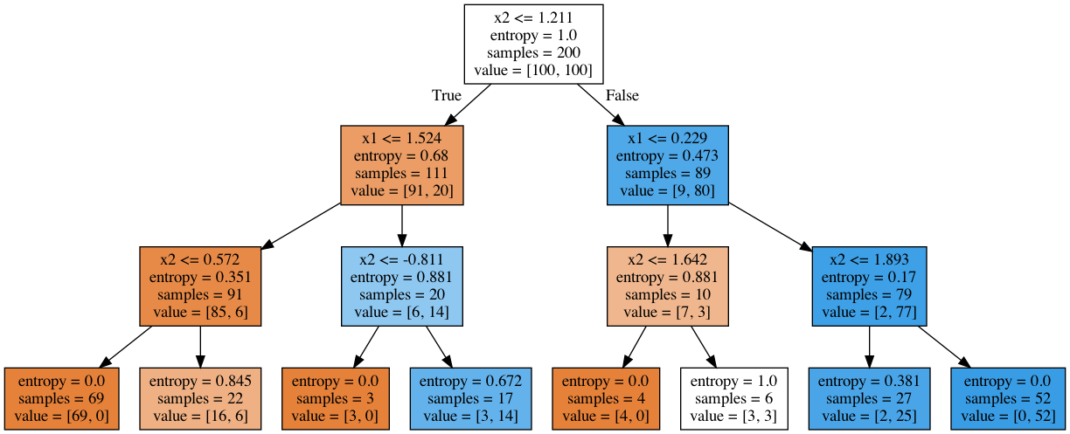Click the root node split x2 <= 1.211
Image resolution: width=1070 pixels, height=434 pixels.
point(533,44)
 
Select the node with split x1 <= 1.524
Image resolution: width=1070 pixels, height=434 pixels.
point(401,164)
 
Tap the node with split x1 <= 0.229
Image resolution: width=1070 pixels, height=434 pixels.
point(667,164)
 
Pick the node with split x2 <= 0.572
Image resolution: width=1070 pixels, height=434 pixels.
point(200,286)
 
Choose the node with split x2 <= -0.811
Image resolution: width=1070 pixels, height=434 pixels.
point(401,286)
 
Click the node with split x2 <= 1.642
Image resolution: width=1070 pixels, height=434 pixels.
point(667,286)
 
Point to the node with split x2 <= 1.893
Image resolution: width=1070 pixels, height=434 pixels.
point(869,286)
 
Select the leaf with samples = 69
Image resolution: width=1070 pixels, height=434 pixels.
point(61,400)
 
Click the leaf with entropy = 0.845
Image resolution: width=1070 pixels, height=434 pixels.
point(200,400)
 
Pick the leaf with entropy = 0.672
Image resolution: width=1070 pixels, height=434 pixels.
point(471,400)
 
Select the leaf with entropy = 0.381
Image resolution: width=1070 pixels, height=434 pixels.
point(869,400)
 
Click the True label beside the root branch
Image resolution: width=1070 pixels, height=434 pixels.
point(446,95)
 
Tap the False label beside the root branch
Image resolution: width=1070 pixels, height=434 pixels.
point(622,95)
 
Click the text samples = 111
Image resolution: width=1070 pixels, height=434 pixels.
point(401,173)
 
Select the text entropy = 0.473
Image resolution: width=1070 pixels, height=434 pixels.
point(667,155)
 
